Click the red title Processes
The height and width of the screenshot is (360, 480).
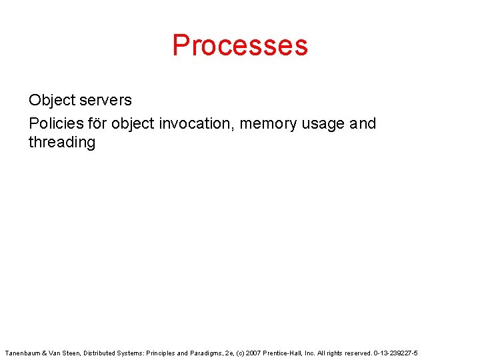point(240,45)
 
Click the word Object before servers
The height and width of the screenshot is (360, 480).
point(51,101)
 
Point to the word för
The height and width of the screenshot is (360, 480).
point(97,123)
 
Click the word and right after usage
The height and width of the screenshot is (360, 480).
point(363,123)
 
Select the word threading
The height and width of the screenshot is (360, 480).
point(62,143)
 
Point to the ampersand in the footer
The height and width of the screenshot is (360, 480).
point(44,353)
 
